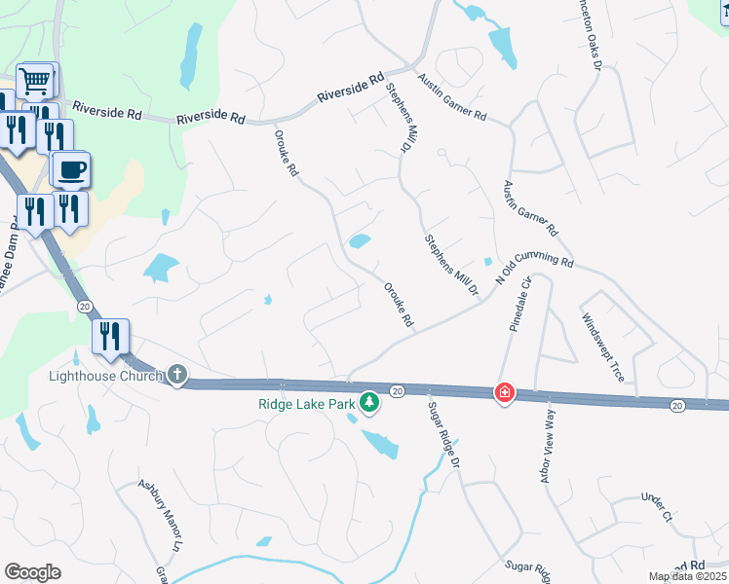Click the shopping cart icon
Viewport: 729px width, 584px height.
(36, 81)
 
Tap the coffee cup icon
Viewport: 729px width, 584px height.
(72, 171)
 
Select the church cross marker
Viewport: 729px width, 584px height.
(176, 375)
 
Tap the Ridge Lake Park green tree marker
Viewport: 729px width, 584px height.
(368, 401)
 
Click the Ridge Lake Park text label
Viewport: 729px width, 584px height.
(306, 403)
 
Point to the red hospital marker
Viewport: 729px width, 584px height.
(504, 393)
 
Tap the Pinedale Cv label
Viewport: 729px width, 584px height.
(518, 304)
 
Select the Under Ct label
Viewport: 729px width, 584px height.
(657, 507)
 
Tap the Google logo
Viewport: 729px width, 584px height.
(32, 572)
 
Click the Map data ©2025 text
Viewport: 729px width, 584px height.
(687, 576)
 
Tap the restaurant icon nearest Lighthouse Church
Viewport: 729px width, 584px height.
(109, 337)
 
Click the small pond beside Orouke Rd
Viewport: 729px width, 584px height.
(360, 240)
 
